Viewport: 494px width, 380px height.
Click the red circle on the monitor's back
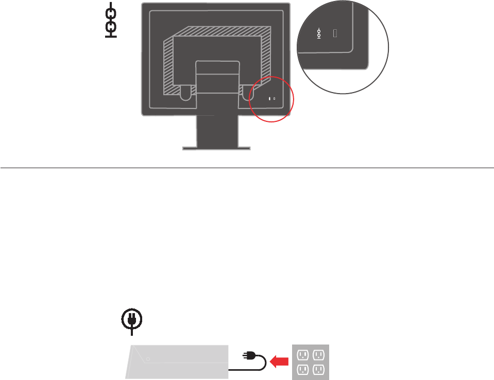tap(271, 99)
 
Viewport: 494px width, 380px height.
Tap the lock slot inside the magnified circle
tap(335, 34)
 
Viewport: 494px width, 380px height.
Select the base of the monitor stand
tap(216, 149)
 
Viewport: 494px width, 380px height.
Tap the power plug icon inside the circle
tap(132, 319)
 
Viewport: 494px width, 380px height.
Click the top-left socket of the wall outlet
tap(303, 354)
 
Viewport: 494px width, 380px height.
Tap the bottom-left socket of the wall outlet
tap(303, 370)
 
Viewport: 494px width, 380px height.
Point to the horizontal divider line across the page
tap(247, 168)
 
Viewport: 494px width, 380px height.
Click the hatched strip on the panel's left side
tap(168, 67)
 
